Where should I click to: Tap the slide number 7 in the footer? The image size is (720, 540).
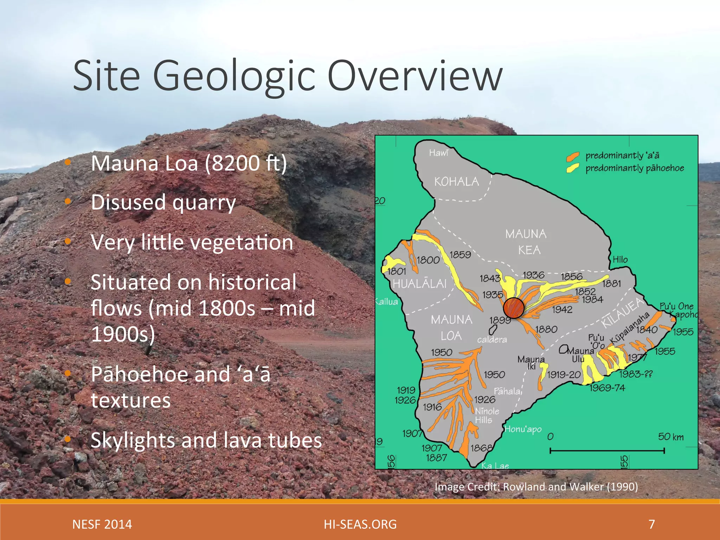tap(652, 524)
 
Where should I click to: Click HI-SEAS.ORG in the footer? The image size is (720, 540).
tap(360, 524)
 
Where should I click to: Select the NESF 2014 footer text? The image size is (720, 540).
tap(102, 524)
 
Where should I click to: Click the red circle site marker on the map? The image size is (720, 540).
tap(514, 308)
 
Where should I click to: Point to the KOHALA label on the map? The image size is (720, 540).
tap(456, 182)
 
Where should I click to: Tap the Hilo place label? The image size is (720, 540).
tap(620, 260)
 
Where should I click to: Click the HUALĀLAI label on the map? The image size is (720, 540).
tap(419, 284)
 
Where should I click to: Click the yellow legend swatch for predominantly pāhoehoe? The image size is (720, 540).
tap(573, 168)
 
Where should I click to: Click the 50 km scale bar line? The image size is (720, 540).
tap(607, 451)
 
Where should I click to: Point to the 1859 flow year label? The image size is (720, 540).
tap(460, 255)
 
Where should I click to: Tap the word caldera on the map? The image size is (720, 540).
tap(492, 340)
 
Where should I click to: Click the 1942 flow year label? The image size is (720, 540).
tap(562, 310)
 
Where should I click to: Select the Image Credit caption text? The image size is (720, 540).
tap(536, 487)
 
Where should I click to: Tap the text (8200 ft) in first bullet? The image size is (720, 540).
tap(246, 163)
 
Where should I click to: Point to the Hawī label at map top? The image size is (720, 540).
tap(438, 153)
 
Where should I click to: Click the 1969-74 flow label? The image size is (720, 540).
tap(607, 388)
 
